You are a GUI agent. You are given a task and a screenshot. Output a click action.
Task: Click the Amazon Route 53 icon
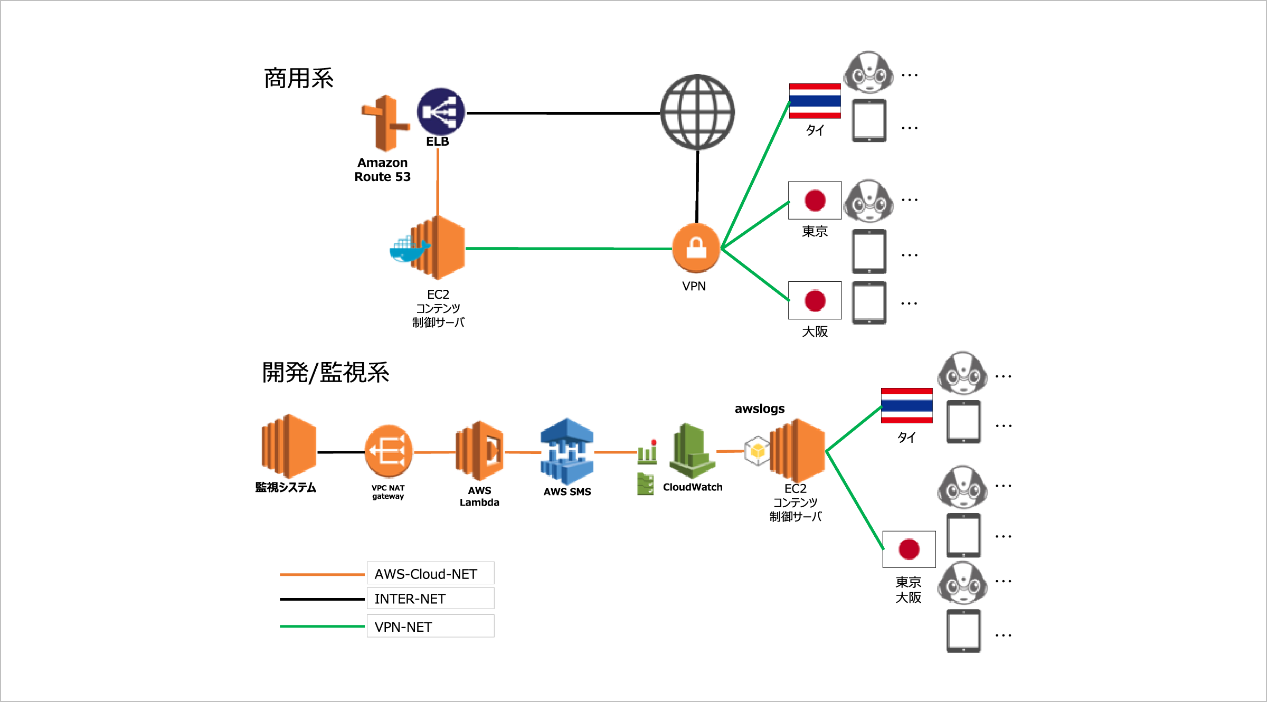click(x=385, y=124)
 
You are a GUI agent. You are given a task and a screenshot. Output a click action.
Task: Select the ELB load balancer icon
click(x=440, y=111)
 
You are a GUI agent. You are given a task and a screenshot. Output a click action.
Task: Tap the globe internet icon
click(x=697, y=112)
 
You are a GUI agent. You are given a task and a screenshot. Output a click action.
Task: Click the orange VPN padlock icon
click(x=696, y=248)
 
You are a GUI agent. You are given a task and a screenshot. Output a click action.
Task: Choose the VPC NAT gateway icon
click(x=389, y=451)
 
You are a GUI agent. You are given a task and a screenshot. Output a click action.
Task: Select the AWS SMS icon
click(x=567, y=451)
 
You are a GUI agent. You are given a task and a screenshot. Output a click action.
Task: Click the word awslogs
click(x=759, y=409)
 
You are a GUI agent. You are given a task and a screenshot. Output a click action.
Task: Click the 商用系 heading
click(x=299, y=79)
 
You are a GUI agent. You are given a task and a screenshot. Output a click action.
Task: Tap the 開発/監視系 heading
click(x=326, y=373)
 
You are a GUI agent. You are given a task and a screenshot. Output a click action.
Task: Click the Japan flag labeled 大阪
click(x=815, y=300)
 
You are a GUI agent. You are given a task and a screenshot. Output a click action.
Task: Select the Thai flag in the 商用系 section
click(x=815, y=101)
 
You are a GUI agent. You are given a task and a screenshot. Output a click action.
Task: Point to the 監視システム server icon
click(x=289, y=446)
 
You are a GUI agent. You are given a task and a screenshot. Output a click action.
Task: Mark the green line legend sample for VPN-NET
click(x=322, y=627)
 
